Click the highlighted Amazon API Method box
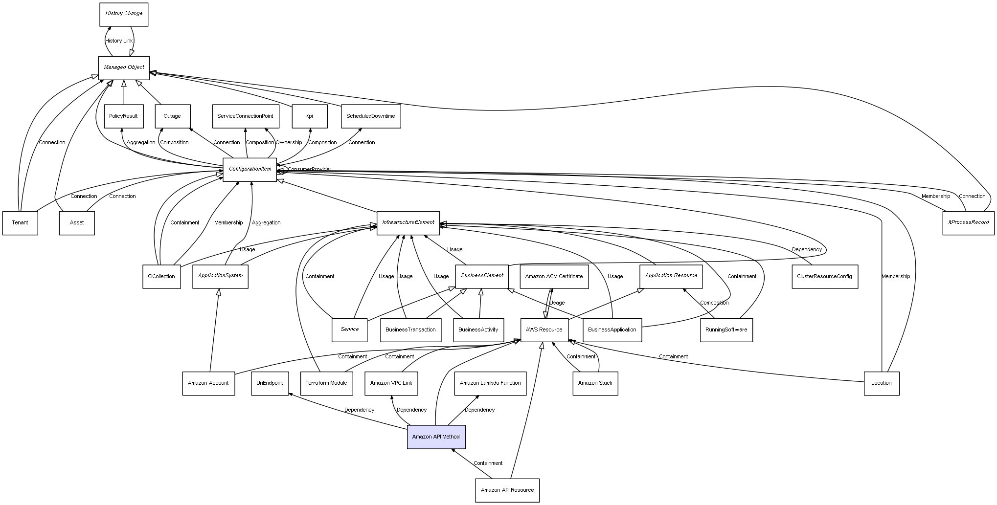point(436,437)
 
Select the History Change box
point(124,14)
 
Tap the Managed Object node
point(124,67)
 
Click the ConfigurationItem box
point(249,169)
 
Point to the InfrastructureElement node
point(408,222)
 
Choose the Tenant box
point(20,223)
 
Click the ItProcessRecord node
point(968,222)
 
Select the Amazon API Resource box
point(507,490)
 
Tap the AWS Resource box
point(544,330)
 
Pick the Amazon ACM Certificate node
point(554,277)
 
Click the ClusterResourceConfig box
point(824,277)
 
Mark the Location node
point(881,383)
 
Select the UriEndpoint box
point(270,383)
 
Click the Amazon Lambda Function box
point(490,383)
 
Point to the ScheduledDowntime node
point(370,116)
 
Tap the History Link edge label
point(119,41)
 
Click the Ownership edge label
point(289,143)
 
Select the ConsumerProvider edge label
point(309,170)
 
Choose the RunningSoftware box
point(726,330)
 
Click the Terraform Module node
point(326,383)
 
